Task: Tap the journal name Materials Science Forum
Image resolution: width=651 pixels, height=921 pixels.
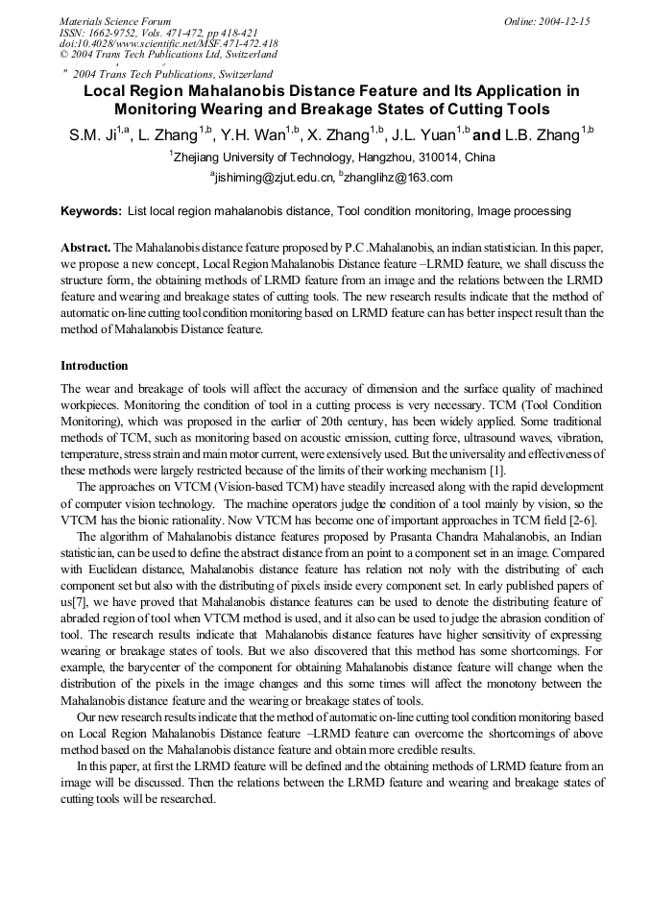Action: coord(115,21)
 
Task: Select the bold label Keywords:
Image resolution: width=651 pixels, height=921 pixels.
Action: coord(91,211)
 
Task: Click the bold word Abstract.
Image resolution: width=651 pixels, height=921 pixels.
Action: coord(84,247)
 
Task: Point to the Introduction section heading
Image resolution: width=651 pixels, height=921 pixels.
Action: coord(94,366)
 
